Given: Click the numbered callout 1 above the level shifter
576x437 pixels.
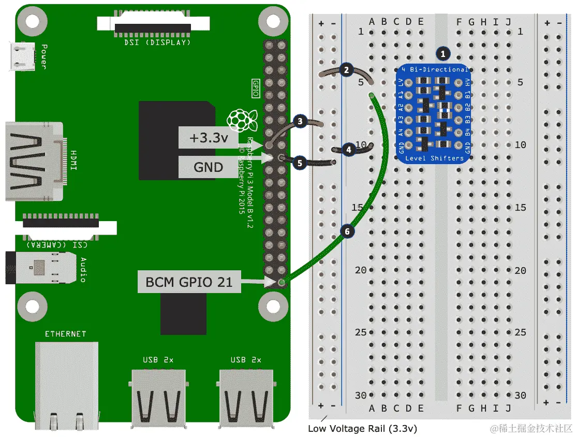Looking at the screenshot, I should (x=442, y=53).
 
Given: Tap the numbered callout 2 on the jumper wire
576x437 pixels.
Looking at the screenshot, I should (x=347, y=70).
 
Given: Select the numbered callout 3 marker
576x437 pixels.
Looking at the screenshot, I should (x=300, y=121).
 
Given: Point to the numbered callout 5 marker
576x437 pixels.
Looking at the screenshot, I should (x=300, y=162).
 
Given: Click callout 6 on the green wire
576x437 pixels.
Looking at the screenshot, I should (x=348, y=231).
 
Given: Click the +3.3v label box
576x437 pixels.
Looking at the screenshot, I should (x=208, y=139).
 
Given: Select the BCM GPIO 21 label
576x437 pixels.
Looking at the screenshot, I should (x=189, y=282).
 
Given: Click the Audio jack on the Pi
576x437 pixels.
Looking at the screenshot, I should (x=39, y=268).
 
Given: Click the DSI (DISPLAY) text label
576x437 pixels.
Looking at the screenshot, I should (x=157, y=42).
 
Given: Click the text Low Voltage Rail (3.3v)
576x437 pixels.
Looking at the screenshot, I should (x=362, y=428).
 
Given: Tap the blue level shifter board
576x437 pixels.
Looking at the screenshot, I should (x=434, y=113).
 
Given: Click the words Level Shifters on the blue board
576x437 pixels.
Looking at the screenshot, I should (x=434, y=158).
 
